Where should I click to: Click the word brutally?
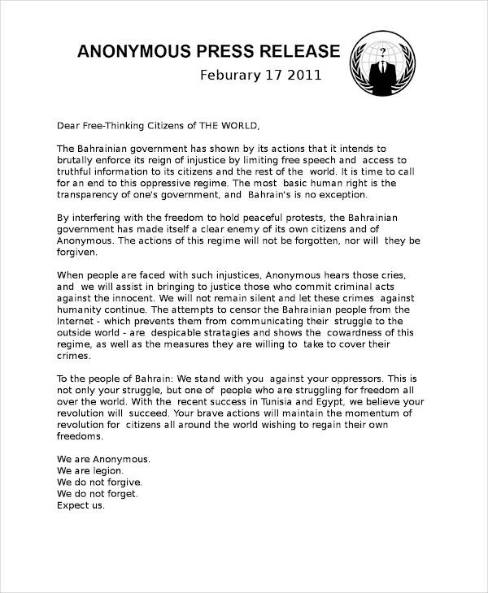click(77, 160)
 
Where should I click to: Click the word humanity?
click(81, 309)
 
